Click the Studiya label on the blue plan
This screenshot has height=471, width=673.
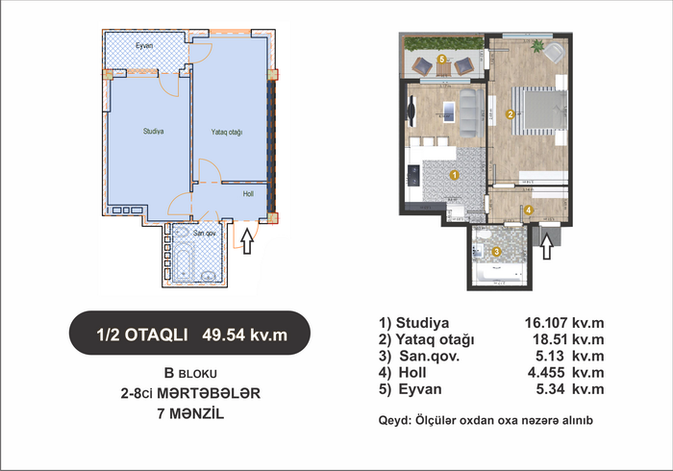point(153,132)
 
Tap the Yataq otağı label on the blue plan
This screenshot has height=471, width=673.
point(227,132)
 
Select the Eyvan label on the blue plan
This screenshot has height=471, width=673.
point(144,45)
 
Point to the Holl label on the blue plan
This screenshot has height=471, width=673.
point(248,194)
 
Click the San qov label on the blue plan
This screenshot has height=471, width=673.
point(204,234)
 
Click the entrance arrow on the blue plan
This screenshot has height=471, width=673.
point(247,241)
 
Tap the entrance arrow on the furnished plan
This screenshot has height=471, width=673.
point(546,246)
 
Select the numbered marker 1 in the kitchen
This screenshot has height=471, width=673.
point(454,175)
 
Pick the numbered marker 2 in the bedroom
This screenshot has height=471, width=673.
point(510,114)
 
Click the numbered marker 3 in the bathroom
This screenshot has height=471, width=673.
point(496,252)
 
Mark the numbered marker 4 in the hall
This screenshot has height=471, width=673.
point(529,210)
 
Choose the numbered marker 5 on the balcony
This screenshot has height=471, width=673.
point(441,59)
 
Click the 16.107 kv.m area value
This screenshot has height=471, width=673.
point(564,323)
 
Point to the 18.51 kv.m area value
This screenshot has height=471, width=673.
point(568,339)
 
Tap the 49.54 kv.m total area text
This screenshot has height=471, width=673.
point(244,335)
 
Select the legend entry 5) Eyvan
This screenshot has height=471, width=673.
point(410,389)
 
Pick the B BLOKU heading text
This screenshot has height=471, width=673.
point(190,373)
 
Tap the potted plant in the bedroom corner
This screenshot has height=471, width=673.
point(536,45)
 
